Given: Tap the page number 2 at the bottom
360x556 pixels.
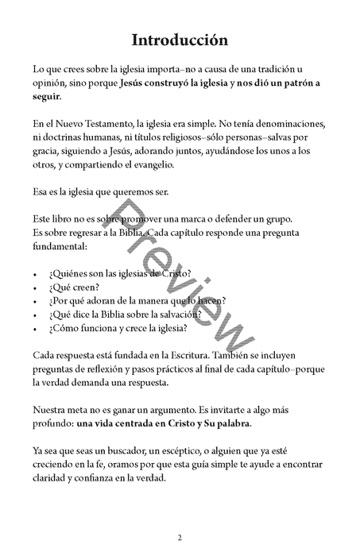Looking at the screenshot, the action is pyautogui.click(x=180, y=538).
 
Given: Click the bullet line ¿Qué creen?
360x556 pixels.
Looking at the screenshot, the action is pyautogui.click(x=74, y=288).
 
